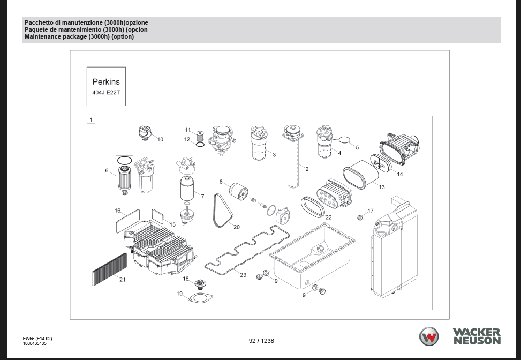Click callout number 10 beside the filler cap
click(160, 139)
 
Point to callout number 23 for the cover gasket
click(243, 275)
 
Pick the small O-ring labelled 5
click(345, 141)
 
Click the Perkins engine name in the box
click(106, 82)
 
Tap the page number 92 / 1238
click(261, 340)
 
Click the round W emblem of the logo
click(428, 337)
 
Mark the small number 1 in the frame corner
click(91, 120)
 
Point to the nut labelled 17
click(360, 217)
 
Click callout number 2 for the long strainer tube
click(307, 169)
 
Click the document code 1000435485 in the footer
click(34, 343)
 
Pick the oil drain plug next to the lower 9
click(322, 291)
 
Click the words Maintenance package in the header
click(52, 37)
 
